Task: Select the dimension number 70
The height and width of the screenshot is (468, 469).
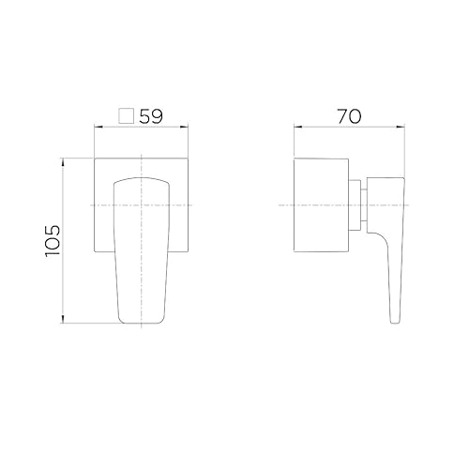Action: tap(347, 117)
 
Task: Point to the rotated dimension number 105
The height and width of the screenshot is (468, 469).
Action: tap(53, 243)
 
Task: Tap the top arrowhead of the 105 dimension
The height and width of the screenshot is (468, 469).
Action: tap(63, 160)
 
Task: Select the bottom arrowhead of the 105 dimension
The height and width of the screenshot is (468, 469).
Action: tap(63, 324)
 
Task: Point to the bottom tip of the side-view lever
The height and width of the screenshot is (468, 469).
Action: tap(394, 324)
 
